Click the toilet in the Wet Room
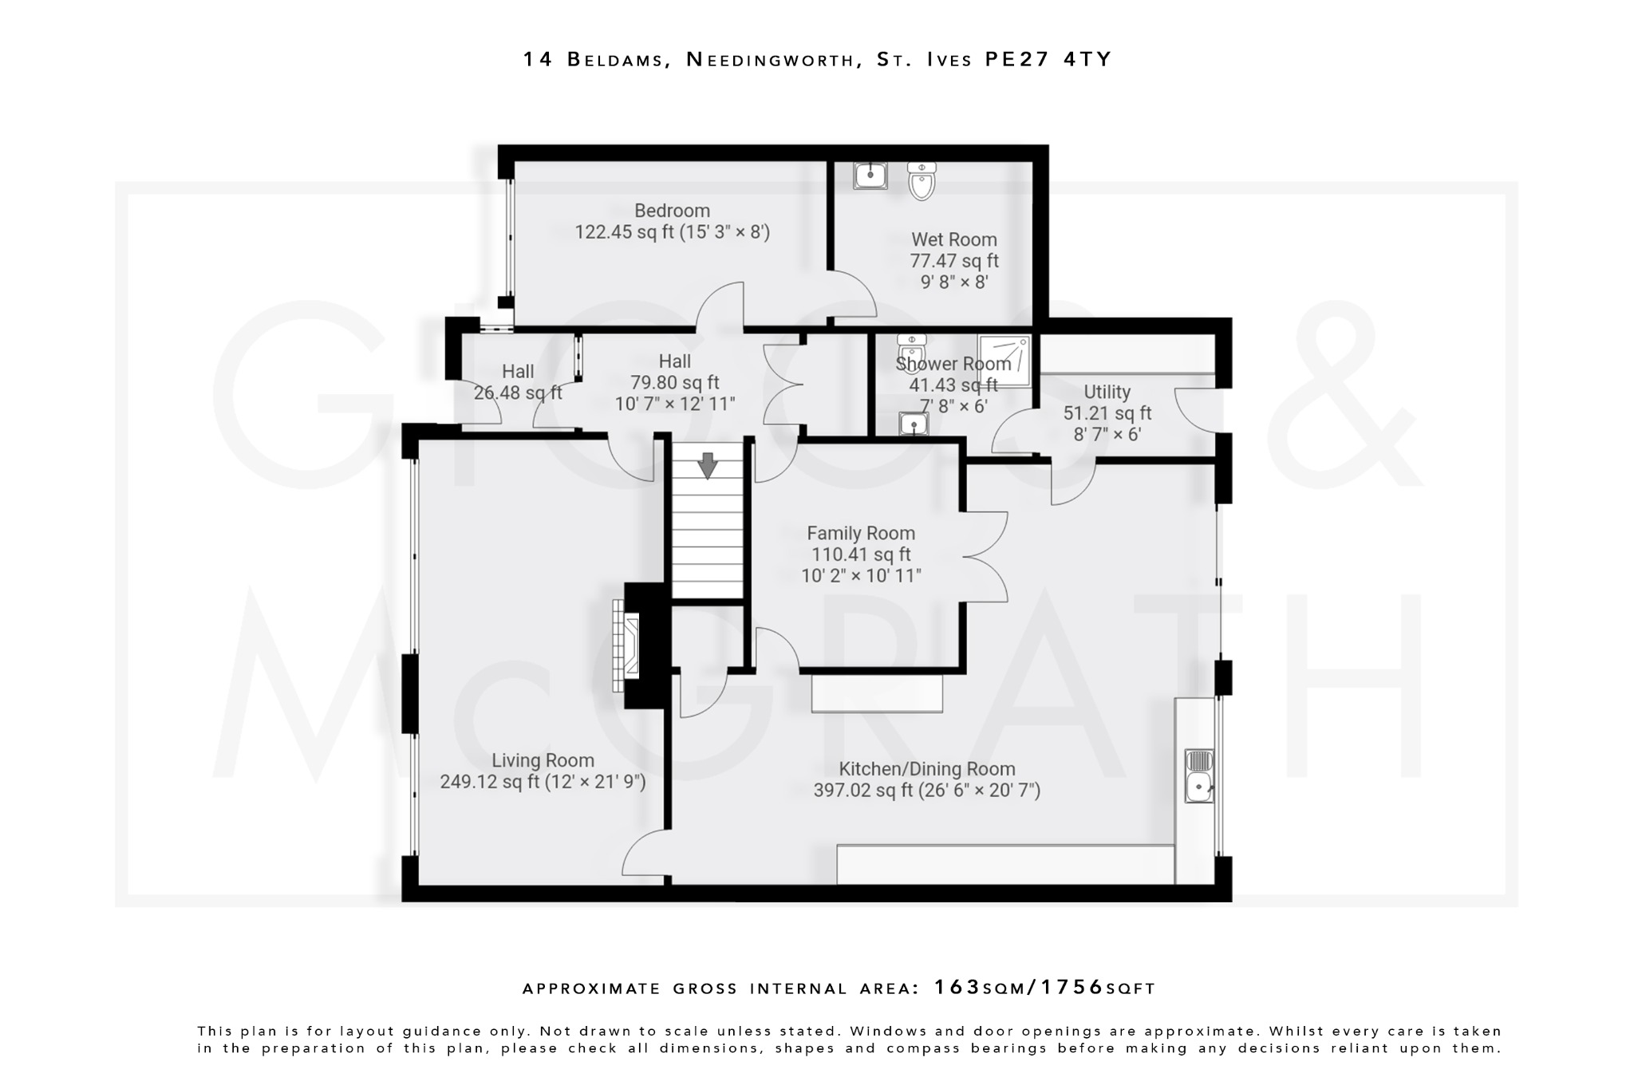[x=922, y=182]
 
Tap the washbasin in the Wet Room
[x=870, y=176]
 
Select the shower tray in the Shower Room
[x=1004, y=361]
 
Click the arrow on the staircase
[x=707, y=465]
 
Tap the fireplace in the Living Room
[x=626, y=646]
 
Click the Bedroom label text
[x=672, y=211]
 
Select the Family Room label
[x=860, y=533]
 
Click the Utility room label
[x=1107, y=392]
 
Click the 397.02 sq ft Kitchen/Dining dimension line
[x=926, y=791]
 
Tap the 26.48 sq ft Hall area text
[x=518, y=393]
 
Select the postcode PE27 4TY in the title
[x=1048, y=60]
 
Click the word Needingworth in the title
[x=769, y=60]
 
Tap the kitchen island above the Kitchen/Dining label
[x=877, y=693]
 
